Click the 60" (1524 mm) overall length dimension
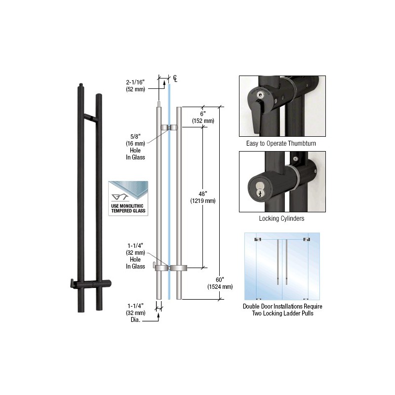tap(220, 283)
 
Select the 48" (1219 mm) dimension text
tap(203, 197)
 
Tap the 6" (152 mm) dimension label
tap(203, 118)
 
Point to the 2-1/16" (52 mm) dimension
tap(135, 85)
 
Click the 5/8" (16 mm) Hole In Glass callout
tap(135, 147)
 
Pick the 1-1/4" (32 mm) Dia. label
tap(136, 313)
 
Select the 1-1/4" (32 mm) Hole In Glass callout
tap(135, 256)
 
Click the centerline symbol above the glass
tap(175, 79)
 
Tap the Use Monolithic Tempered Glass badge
tap(128, 198)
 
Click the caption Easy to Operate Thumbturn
tap(281, 143)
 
